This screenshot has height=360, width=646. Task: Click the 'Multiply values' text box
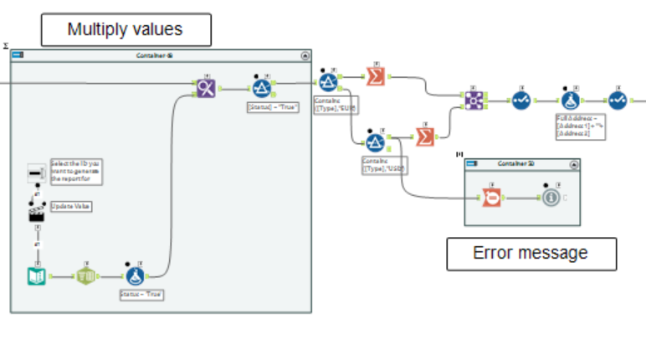pyautogui.click(x=126, y=30)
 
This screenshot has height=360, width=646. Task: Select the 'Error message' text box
pyautogui.click(x=531, y=253)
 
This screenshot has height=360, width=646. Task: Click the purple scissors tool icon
pyautogui.click(x=206, y=86)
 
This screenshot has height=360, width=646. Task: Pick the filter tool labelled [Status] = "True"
pyautogui.click(x=262, y=86)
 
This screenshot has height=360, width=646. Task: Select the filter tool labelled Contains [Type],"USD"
pyautogui.click(x=375, y=141)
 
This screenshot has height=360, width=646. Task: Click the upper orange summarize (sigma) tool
pyautogui.click(x=376, y=76)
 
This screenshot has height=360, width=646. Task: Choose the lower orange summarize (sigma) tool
pyautogui.click(x=425, y=136)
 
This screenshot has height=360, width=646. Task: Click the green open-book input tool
pyautogui.click(x=38, y=274)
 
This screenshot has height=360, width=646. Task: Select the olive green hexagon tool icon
pyautogui.click(x=86, y=275)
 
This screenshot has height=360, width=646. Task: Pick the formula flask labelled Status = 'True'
pyautogui.click(x=133, y=274)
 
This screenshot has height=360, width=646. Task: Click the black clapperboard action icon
pyautogui.click(x=37, y=212)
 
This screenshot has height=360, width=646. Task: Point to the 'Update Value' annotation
pyautogui.click(x=71, y=206)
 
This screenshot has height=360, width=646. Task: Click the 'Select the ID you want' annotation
pyautogui.click(x=75, y=171)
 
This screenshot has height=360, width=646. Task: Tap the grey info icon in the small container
pyautogui.click(x=551, y=198)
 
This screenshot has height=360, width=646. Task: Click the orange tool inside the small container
pyautogui.click(x=490, y=198)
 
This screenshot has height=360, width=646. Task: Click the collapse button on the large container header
pyautogui.click(x=305, y=55)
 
